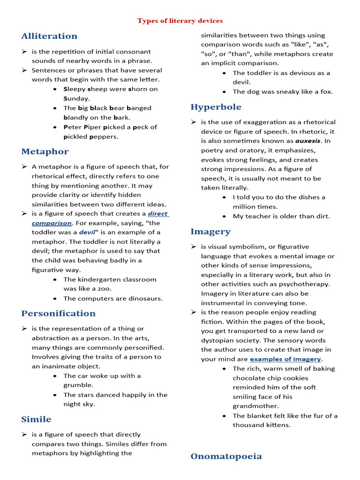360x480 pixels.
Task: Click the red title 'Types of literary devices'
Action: point(180,21)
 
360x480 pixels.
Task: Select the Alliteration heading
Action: point(49,36)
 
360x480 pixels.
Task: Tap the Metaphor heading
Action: point(45,151)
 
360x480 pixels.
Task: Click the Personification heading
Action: point(58,313)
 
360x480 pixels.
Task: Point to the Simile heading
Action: point(36,419)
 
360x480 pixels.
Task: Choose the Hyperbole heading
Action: point(216,107)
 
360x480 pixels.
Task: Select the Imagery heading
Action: point(210,232)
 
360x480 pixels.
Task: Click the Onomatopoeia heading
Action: point(226,456)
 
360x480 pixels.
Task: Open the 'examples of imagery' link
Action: point(285,359)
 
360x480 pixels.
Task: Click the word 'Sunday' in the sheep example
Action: point(76,99)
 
